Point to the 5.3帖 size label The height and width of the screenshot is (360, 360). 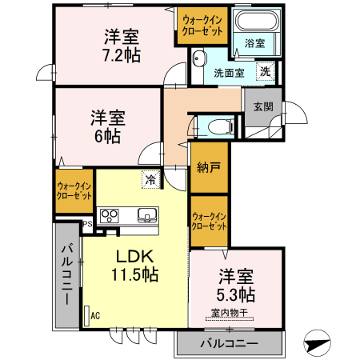tap(237, 294)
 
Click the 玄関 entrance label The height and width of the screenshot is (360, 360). tap(262, 106)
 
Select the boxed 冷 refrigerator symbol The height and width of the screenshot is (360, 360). tap(150, 179)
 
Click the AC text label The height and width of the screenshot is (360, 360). tap(95, 316)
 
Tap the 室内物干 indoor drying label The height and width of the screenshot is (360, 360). tap(231, 313)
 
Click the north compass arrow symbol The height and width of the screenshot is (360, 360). tap(318, 342)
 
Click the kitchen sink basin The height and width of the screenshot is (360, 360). tap(147, 214)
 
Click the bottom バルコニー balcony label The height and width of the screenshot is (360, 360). tap(228, 344)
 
